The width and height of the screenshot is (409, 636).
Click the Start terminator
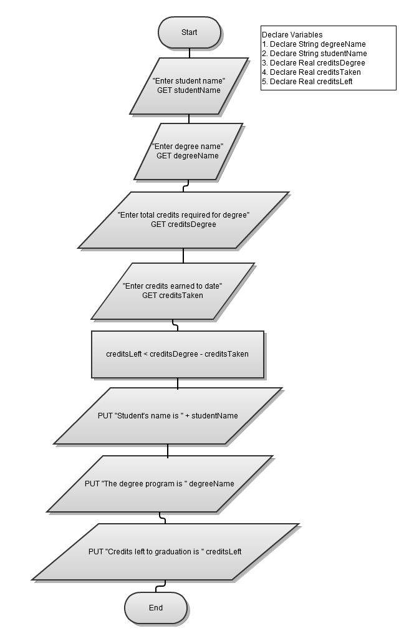pos(189,32)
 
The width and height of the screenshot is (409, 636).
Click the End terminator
pos(156,608)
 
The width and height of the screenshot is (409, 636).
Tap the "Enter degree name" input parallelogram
pos(188,151)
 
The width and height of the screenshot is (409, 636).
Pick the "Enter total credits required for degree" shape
pos(183,219)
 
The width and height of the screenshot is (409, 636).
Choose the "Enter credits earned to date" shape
pos(173,291)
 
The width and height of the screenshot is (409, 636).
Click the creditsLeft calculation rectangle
pos(177,354)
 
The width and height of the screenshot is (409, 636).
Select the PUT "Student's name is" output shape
pos(168,416)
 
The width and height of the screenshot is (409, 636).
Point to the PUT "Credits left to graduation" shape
pos(165,552)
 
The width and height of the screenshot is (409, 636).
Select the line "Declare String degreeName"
pos(314,44)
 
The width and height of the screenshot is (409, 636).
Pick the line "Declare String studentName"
pos(314,54)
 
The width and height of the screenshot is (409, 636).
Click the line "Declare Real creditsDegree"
pos(313,63)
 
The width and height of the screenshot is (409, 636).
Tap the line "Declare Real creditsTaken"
pos(311,72)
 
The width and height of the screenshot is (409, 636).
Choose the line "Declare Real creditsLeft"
pos(307,82)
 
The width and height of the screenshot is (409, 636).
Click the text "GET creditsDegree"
pos(183,224)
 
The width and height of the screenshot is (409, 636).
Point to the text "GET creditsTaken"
pos(173,296)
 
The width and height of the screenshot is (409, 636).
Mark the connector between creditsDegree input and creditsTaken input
pos(183,255)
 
